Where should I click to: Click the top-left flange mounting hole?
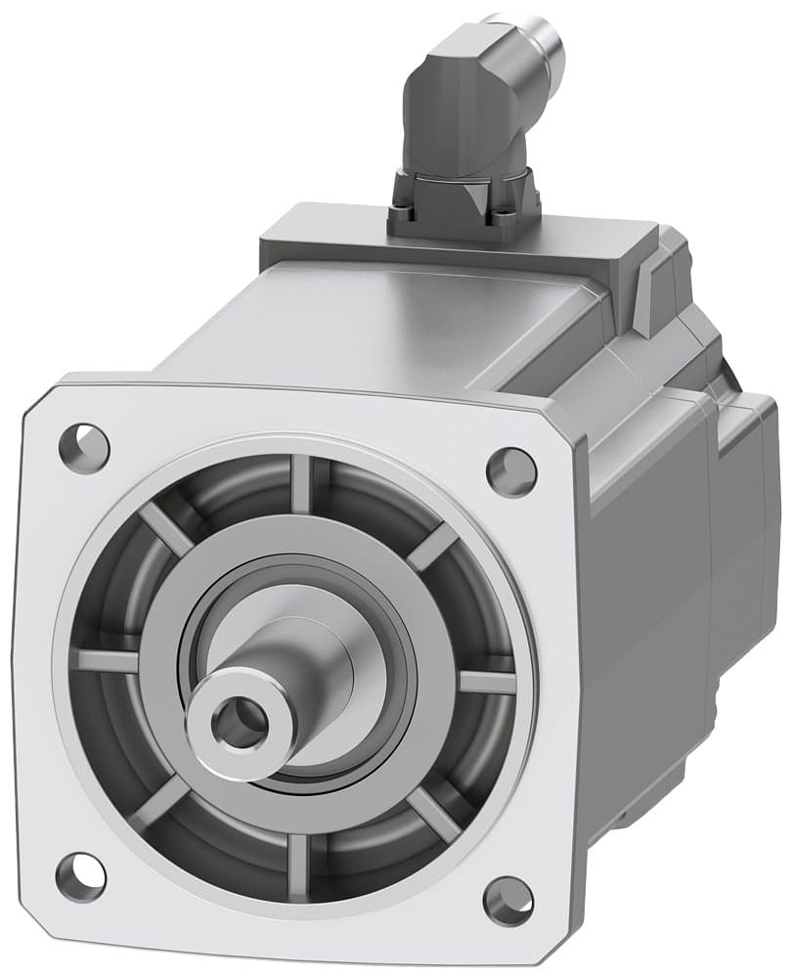pos(84,447)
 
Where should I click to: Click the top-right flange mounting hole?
pos(511,471)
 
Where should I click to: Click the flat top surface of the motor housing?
pos(391,313)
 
